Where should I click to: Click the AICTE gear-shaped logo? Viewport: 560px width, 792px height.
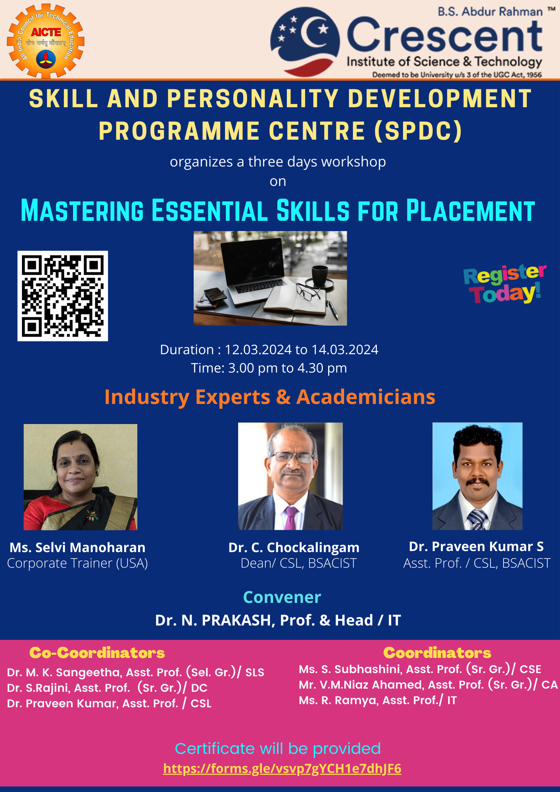tap(46, 41)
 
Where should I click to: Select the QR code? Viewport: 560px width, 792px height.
tap(63, 296)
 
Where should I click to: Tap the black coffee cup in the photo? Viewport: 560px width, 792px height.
tap(320, 276)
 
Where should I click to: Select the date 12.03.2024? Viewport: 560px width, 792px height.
tap(258, 350)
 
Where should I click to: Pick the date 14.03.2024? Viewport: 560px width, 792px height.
tap(345, 350)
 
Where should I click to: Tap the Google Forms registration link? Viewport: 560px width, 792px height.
tap(282, 768)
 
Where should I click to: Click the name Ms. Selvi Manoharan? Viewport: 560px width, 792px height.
tap(77, 548)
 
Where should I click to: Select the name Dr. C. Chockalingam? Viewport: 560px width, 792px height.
tap(294, 548)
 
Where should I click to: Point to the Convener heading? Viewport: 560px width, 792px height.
tap(282, 597)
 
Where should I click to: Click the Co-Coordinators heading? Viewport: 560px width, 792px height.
tap(97, 653)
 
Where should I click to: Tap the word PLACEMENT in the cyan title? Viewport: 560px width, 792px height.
tap(470, 211)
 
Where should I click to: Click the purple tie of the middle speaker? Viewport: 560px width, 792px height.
tap(291, 518)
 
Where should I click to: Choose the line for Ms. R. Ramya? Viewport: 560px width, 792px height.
tap(378, 700)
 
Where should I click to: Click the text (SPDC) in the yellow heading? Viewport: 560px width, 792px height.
tap(418, 131)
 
